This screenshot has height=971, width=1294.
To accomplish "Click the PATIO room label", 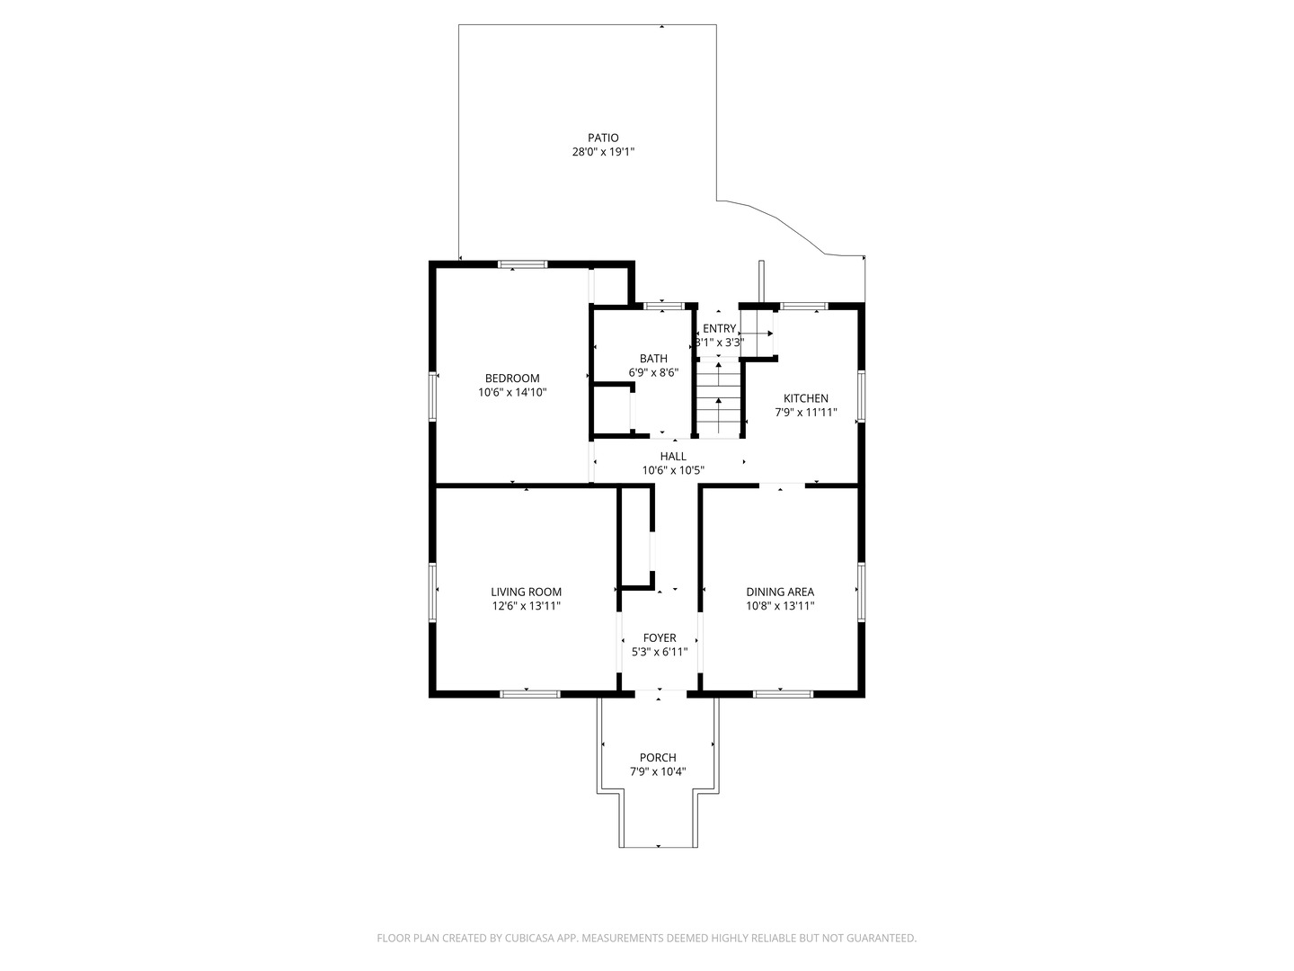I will point(603,138).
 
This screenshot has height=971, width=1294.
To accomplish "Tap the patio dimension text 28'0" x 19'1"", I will point(603,152).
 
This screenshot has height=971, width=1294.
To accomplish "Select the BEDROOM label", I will point(512,379).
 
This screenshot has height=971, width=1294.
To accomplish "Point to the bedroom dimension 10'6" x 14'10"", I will point(512,393).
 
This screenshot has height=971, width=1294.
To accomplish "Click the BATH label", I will point(653,359).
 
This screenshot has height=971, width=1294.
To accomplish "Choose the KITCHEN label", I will point(806,398).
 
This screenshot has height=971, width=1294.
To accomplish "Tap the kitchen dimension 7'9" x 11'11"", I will point(806,413).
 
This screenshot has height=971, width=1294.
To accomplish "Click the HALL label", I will point(673,457).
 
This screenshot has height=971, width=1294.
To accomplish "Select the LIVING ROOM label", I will point(527,592).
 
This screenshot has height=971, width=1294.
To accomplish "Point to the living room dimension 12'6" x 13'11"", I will point(527,606).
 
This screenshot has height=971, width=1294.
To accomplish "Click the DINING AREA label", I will point(780,592).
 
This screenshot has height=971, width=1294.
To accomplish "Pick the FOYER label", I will point(660,638).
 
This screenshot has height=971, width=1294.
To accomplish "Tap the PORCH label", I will point(658,758).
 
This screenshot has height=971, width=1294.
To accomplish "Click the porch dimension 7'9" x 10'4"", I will point(658,771).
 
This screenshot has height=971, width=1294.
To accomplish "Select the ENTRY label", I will point(719,328).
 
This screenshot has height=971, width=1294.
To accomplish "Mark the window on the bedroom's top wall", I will point(523,264).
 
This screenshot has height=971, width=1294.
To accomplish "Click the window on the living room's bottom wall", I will point(529,693).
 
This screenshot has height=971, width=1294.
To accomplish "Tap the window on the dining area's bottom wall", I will point(783,693).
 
